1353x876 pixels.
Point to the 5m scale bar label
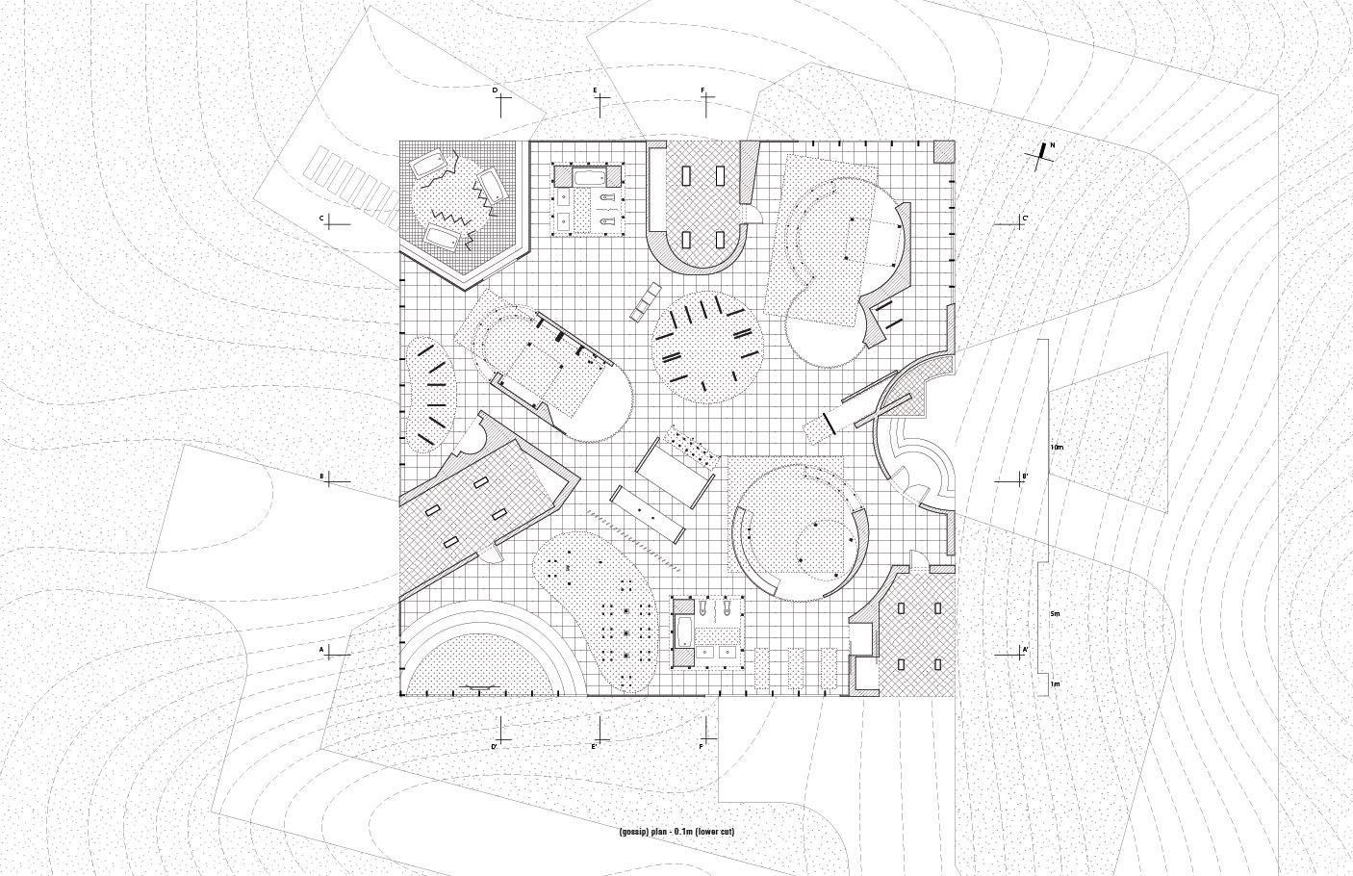[x=1055, y=613]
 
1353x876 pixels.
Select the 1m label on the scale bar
[x=1055, y=684]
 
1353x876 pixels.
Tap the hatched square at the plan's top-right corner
[x=945, y=151]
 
